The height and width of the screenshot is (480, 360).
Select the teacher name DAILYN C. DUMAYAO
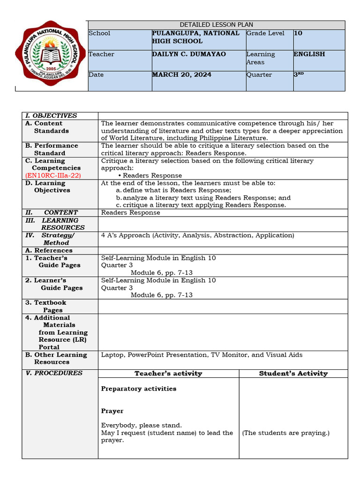click(x=189, y=54)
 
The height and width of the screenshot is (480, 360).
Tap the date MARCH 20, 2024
click(x=181, y=75)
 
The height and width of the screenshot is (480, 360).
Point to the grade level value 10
click(x=298, y=33)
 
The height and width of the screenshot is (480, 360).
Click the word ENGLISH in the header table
click(x=309, y=54)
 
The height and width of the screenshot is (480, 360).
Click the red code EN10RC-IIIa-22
click(x=53, y=175)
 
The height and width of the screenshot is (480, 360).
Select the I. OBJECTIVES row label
click(x=51, y=116)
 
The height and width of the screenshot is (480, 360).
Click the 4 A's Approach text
click(x=197, y=235)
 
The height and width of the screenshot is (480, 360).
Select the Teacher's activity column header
click(x=168, y=374)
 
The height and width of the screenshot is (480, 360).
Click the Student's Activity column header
click(x=293, y=374)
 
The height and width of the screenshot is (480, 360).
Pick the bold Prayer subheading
click(x=112, y=411)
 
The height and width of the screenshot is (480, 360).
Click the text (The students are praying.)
click(x=285, y=433)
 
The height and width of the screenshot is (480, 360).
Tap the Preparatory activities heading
click(x=139, y=389)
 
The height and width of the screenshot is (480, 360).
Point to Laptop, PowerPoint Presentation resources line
click(x=202, y=355)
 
